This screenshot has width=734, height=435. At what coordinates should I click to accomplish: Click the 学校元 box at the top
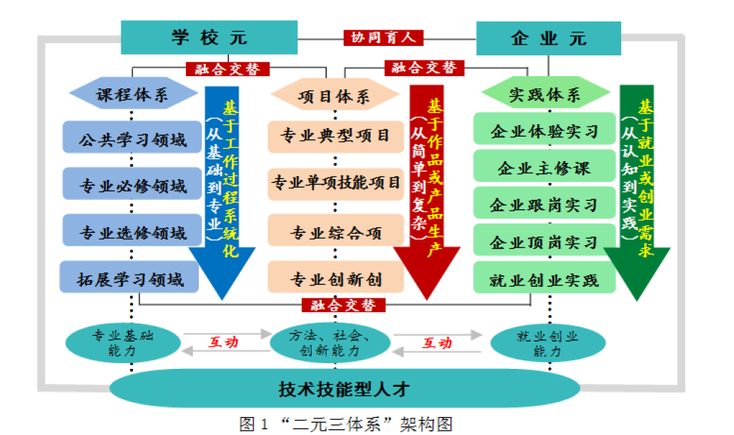pos(208,37)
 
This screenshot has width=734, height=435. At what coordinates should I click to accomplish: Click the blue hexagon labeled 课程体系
pos(133,95)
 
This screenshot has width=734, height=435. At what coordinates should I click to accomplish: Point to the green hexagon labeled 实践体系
pos(545,95)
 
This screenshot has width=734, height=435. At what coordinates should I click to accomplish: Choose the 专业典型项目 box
pos(335,135)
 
